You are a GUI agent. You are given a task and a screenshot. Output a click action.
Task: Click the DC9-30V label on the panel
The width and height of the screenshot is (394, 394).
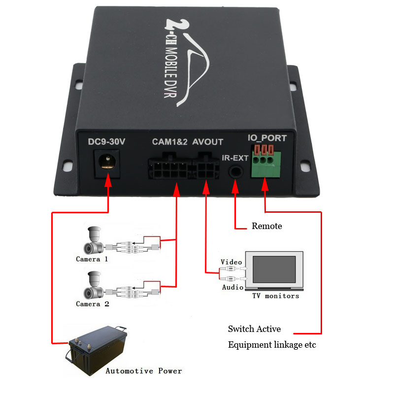(x=106, y=142)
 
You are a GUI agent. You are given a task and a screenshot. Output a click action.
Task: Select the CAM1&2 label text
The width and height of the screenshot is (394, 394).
(x=169, y=142)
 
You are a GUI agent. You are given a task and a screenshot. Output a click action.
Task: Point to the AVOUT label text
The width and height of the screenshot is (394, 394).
(x=207, y=142)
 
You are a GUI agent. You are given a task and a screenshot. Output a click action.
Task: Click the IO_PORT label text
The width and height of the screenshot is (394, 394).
(x=266, y=138)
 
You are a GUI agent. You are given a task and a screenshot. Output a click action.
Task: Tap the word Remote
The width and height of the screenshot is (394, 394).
(x=267, y=226)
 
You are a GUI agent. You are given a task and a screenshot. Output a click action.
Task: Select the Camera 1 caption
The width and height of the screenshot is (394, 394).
(x=92, y=259)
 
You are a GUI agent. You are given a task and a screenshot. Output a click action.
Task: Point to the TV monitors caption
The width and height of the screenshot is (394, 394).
(x=275, y=296)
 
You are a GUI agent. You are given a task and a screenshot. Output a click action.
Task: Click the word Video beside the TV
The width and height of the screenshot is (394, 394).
(x=231, y=262)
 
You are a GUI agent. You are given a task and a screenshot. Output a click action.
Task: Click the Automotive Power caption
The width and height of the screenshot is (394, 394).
(x=144, y=371)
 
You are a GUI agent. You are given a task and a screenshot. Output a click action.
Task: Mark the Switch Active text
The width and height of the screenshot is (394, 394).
(x=254, y=329)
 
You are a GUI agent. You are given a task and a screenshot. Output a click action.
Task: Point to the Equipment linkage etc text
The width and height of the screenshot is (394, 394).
(x=272, y=345)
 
